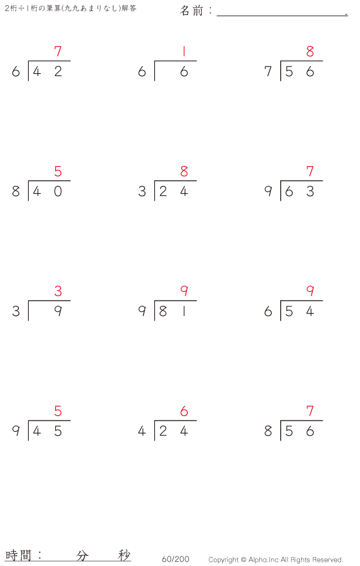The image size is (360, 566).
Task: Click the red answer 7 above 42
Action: point(58,51)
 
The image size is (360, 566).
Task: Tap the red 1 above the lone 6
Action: point(184,51)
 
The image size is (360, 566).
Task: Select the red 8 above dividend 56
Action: point(310,51)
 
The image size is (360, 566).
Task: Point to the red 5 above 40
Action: point(58,171)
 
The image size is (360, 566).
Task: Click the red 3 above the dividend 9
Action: point(58,291)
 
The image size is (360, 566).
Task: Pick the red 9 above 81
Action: point(184,291)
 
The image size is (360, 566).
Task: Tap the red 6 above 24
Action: point(184,411)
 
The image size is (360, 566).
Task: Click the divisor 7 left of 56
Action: point(268,71)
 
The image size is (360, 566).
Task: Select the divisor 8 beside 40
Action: point(16,191)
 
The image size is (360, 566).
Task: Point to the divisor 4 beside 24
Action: point(142,430)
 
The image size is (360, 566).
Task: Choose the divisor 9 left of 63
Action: point(268,191)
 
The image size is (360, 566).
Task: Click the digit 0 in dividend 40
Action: point(58,191)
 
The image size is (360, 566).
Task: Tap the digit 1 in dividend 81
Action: point(184,311)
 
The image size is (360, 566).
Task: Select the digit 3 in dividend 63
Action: point(310,191)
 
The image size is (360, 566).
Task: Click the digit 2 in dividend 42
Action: point(58,71)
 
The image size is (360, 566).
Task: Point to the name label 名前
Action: point(192,11)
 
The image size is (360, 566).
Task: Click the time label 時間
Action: point(18,555)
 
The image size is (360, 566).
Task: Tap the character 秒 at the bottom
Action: point(124,555)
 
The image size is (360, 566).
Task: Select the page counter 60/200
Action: point(175,559)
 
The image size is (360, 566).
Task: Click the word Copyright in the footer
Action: point(223,559)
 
